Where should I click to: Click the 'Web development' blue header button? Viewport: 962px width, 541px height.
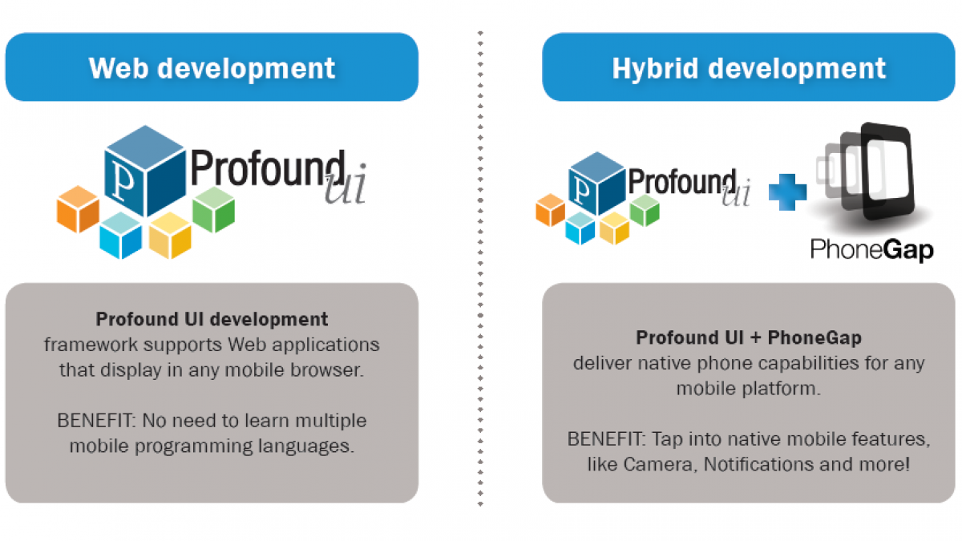coord(212,67)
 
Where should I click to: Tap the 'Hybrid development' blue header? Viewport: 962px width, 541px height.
coord(749,67)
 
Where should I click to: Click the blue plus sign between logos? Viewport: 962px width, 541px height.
coord(787,192)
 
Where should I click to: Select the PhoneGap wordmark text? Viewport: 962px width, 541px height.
coord(872,250)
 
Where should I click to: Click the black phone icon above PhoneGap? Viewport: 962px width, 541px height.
coord(887,171)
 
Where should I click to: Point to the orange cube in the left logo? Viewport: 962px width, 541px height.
coord(78,209)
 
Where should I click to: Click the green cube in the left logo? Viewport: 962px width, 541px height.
coord(213,209)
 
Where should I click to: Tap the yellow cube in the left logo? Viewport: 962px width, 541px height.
coord(170,236)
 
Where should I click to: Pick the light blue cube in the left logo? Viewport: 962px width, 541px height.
coord(121,236)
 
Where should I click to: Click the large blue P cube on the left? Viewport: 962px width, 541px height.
coord(145,171)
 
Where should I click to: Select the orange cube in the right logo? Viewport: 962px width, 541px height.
coord(550,210)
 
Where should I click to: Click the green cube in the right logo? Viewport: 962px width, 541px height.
coord(645,210)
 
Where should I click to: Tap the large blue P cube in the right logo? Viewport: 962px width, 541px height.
coord(597,184)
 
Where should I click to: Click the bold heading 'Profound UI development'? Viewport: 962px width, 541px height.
coord(212,320)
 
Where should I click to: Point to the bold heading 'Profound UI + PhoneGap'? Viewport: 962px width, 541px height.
coord(749,338)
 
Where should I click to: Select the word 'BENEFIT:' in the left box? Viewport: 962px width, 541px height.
coord(97,420)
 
